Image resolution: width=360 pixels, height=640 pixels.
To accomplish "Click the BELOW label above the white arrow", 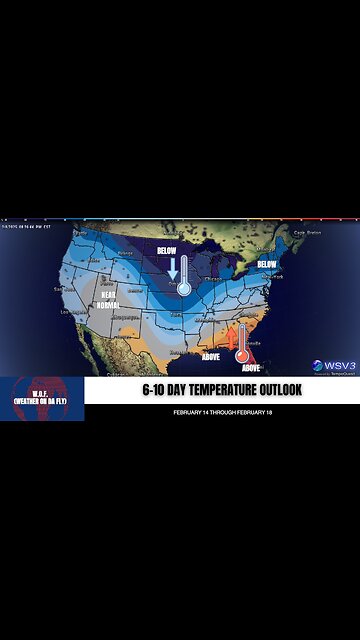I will (168, 250).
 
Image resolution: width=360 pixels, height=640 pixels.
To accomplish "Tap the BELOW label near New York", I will (266, 264).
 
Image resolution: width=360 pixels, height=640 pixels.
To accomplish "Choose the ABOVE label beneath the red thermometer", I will (251, 367).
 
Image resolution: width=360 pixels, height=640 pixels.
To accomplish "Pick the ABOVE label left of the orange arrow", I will (211, 355).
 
